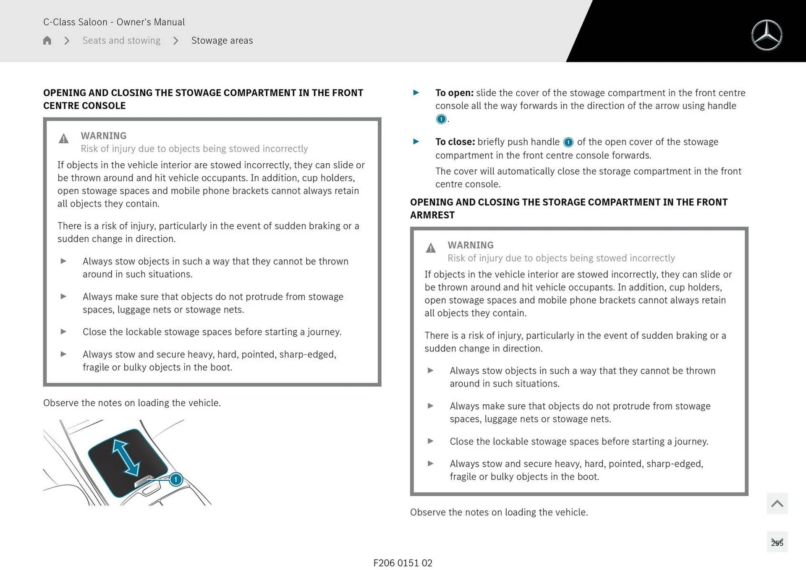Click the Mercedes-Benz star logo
(767, 35)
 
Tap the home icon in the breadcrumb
(47, 40)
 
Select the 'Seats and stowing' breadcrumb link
(121, 40)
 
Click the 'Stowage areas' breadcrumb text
(222, 40)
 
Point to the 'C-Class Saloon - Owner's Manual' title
(114, 22)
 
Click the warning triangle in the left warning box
(63, 139)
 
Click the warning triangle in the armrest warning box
(430, 248)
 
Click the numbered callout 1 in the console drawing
(176, 479)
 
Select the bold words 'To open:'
(454, 93)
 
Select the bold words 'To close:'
(455, 142)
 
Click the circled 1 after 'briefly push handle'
(568, 142)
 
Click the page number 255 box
(777, 542)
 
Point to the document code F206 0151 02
(403, 563)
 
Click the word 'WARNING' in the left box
(103, 136)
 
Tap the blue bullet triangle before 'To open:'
(416, 93)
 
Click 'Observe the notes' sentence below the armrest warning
(498, 512)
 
